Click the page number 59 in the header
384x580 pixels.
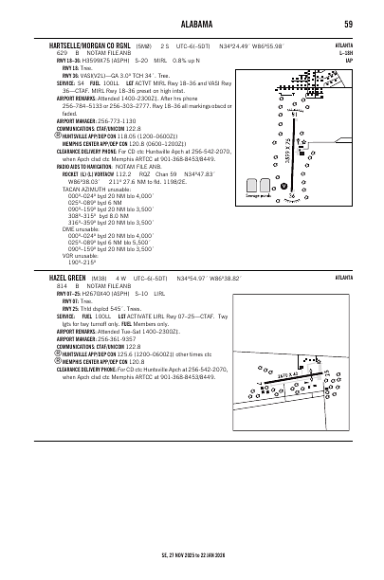349,24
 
